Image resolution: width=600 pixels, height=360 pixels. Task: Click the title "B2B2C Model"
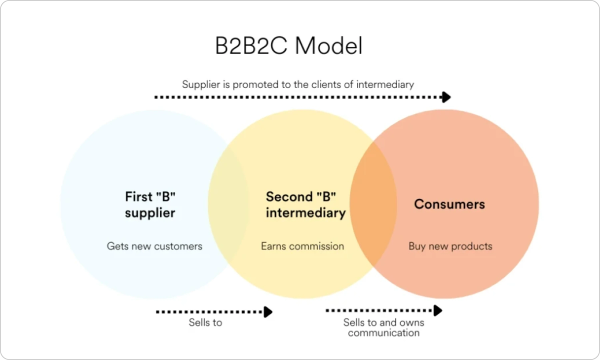tap(289, 46)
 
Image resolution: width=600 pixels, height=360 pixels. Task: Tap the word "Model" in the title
tap(328, 46)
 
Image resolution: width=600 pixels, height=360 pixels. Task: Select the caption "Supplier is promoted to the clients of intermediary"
tap(298, 84)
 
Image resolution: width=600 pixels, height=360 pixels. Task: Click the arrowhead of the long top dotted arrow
tap(446, 97)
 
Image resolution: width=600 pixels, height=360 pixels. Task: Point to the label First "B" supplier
tap(150, 205)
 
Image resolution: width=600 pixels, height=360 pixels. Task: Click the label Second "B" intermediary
tap(306, 205)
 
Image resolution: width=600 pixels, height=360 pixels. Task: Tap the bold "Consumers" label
tap(449, 204)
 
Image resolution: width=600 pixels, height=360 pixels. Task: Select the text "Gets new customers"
tap(154, 246)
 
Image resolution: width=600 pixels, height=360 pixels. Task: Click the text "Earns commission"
tap(302, 246)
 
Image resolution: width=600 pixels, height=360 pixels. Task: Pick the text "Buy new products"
tap(450, 246)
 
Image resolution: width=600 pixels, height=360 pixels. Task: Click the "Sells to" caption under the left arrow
tap(205, 323)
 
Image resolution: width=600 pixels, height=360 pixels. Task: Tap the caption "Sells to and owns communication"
tap(383, 327)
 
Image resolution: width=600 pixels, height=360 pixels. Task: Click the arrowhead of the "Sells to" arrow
tap(268, 312)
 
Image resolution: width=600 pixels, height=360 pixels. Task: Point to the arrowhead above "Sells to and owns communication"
tap(438, 310)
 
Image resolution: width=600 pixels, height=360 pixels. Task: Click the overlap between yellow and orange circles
tap(373, 204)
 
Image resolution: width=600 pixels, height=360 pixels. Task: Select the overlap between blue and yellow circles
tap(228, 204)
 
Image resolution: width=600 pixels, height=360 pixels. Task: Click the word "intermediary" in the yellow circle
tap(306, 213)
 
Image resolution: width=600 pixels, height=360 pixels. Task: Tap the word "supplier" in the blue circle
tap(150, 213)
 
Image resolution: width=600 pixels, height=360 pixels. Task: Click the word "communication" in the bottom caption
tap(383, 333)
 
